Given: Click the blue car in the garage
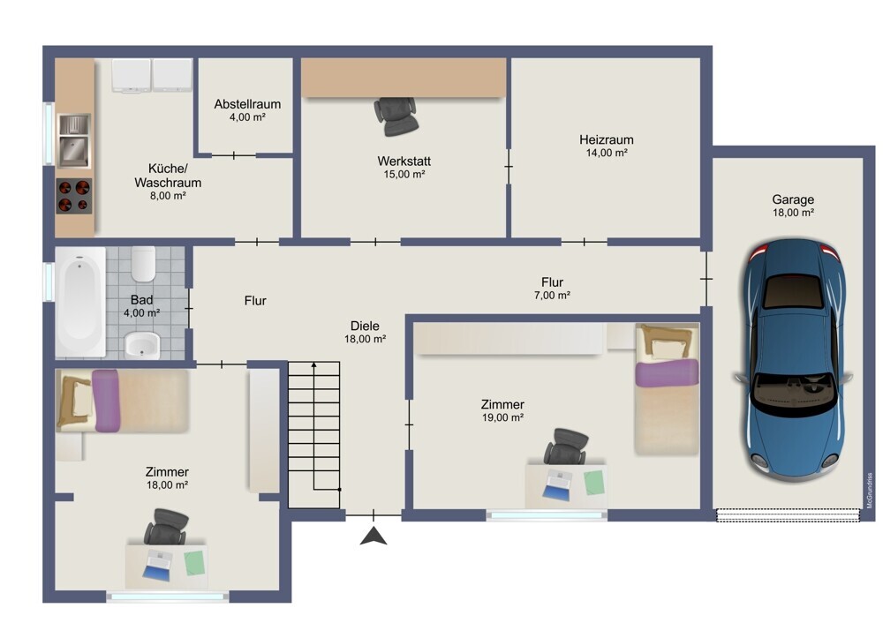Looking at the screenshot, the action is pyautogui.click(x=792, y=360).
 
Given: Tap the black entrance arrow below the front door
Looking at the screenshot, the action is pyautogui.click(x=374, y=537).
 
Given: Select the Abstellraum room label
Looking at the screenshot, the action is pyautogui.click(x=247, y=104).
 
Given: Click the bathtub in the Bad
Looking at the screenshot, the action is pyautogui.click(x=80, y=302).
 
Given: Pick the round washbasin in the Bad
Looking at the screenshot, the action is pyautogui.click(x=142, y=344).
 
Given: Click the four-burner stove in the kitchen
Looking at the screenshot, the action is pyautogui.click(x=74, y=196).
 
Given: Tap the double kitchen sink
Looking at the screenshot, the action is pyautogui.click(x=74, y=140).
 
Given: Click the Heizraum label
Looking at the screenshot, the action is pyautogui.click(x=607, y=139).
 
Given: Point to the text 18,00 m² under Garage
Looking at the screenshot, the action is pyautogui.click(x=793, y=213).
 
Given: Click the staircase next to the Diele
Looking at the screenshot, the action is pyautogui.click(x=314, y=434).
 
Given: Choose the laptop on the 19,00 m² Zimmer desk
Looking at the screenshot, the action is pyautogui.click(x=557, y=484).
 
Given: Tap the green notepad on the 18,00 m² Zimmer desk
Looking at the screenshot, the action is pyautogui.click(x=194, y=563).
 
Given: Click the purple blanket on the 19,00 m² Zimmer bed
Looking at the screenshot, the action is pyautogui.click(x=668, y=373).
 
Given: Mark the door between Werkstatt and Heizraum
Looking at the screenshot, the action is pyautogui.click(x=509, y=167).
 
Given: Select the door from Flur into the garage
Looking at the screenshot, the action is pyautogui.click(x=706, y=279).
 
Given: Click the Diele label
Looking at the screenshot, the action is pyautogui.click(x=365, y=326).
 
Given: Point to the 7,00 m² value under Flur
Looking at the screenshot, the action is pyautogui.click(x=553, y=296).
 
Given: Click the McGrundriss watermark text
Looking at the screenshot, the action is pyautogui.click(x=870, y=491).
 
